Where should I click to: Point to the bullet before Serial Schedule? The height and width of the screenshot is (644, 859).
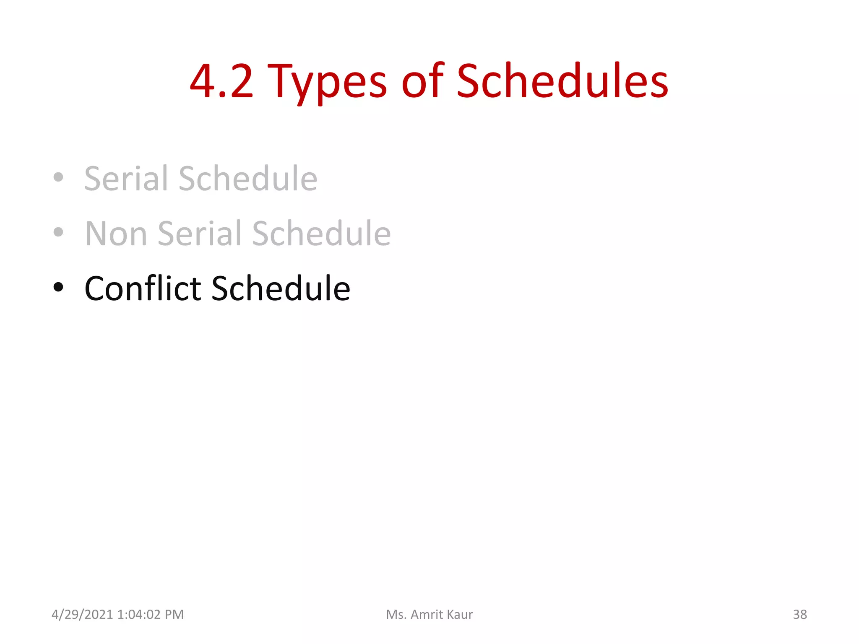click(x=58, y=177)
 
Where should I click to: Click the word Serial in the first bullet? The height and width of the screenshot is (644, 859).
click(x=128, y=179)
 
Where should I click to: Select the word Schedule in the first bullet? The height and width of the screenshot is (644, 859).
click(x=248, y=179)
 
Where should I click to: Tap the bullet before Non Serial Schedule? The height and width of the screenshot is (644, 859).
click(x=58, y=232)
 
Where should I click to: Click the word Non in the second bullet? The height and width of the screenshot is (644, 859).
click(x=116, y=234)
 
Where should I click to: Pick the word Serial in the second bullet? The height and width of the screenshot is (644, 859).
click(x=200, y=234)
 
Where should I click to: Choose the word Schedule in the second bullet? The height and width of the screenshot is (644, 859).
click(x=321, y=234)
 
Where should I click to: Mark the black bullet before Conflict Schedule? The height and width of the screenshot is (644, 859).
click(x=58, y=288)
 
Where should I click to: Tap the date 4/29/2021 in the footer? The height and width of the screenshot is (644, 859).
click(x=82, y=615)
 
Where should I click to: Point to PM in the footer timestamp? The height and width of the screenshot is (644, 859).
click(x=174, y=615)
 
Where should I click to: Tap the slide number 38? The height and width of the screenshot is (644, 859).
click(x=799, y=615)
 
